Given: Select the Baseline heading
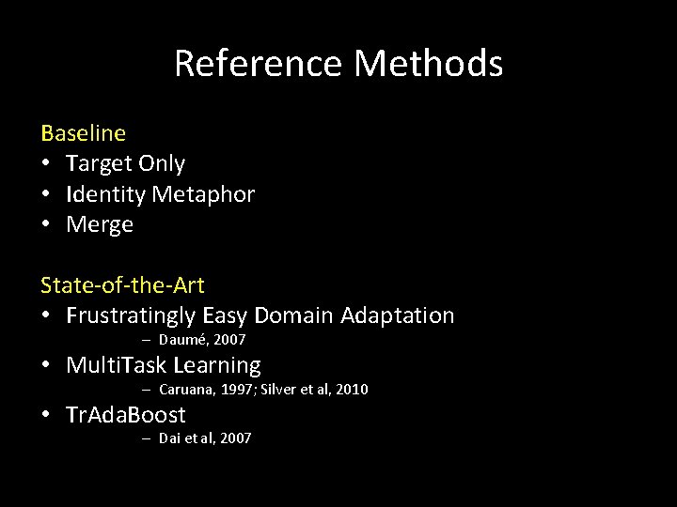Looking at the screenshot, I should coord(83,133).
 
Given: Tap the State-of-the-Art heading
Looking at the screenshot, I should coord(122,284).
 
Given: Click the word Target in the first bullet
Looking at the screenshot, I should coord(99,163).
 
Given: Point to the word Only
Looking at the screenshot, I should coord(162,163).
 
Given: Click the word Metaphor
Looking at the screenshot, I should coord(202,194).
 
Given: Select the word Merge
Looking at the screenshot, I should coord(100,225).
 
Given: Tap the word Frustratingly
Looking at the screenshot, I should coord(131,315).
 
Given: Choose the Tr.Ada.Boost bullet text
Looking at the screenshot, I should coord(126,414).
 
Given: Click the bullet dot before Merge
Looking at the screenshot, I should coord(46,225).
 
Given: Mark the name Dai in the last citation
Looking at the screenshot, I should coord(169,438).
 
